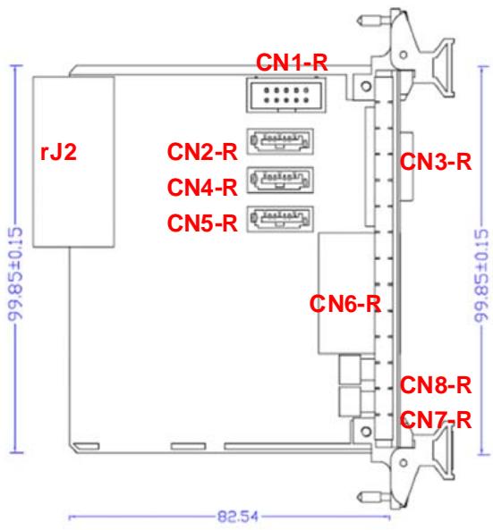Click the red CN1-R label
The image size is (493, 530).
(292, 63)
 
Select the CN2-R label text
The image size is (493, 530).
(202, 152)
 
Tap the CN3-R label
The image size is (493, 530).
(436, 162)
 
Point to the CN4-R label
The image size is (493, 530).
(202, 188)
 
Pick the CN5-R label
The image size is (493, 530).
(202, 223)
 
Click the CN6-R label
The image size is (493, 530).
(344, 304)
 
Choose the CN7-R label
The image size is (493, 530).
(436, 420)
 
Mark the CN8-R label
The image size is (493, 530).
(436, 384)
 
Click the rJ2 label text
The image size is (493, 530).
(58, 152)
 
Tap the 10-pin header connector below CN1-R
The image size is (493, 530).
(286, 95)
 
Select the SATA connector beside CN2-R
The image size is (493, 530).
(280, 141)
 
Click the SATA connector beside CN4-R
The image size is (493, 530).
(280, 180)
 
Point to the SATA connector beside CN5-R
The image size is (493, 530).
(280, 219)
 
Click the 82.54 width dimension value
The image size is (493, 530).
(237, 517)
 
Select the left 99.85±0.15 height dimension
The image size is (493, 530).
(15, 273)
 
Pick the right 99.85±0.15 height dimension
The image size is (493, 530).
(481, 276)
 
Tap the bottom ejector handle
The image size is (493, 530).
(442, 451)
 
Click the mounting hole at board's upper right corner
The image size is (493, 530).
(366, 86)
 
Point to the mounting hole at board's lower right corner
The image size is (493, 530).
(366, 432)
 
